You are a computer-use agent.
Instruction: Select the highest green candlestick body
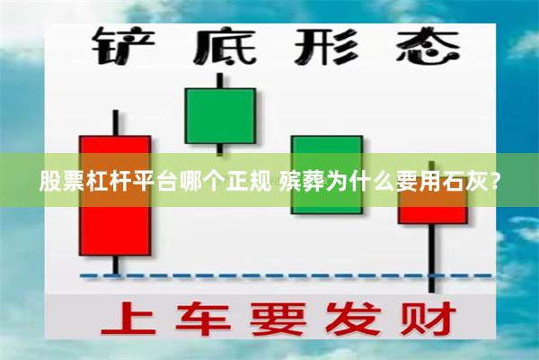coord(220,115)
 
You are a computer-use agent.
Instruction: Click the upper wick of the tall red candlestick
coord(116,122)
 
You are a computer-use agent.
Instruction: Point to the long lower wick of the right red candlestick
coord(433,256)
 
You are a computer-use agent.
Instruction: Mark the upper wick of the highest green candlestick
coord(220,79)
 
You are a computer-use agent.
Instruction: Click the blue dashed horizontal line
coord(269,275)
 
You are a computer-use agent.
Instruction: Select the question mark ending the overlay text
coord(495,182)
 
